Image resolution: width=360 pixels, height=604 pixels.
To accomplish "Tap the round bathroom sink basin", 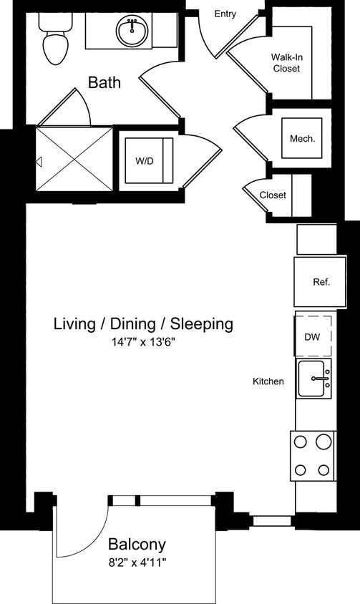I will click(132, 31).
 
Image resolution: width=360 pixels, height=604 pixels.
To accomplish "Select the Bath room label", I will click(104, 83).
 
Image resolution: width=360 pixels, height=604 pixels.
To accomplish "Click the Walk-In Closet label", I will click(285, 63).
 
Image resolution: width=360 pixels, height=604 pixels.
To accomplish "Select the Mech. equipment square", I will click(302, 139).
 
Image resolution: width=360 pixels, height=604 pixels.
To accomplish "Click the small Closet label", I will click(273, 195).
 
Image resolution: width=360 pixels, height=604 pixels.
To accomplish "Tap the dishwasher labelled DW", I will click(312, 337).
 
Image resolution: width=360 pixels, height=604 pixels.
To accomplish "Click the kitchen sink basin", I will click(315, 379).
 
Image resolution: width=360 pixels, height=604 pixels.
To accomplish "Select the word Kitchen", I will click(268, 381).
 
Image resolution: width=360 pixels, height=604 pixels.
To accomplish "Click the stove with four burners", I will click(313, 455).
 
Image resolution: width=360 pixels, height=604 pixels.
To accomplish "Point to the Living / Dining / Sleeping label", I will click(143, 324).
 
